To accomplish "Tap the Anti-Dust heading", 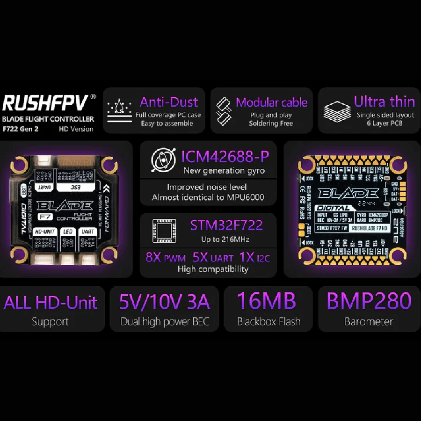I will tap(169, 102).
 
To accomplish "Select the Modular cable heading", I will tap(271, 102).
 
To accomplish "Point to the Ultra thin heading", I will tap(384, 102).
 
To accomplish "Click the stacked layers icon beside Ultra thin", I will tap(337, 111).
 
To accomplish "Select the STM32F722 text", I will tap(226, 225).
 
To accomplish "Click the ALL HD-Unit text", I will tap(51, 302).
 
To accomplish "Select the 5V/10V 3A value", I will tap(164, 302).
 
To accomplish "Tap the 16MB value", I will tap(267, 301).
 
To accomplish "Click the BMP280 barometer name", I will tap(369, 301).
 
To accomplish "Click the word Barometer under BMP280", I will tap(369, 322).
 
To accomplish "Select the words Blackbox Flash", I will tap(269, 322).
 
